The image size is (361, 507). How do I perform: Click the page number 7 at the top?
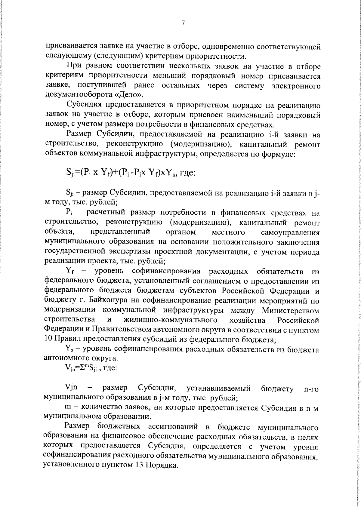tap(183, 23)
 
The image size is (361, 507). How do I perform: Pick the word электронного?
tap(296, 86)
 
